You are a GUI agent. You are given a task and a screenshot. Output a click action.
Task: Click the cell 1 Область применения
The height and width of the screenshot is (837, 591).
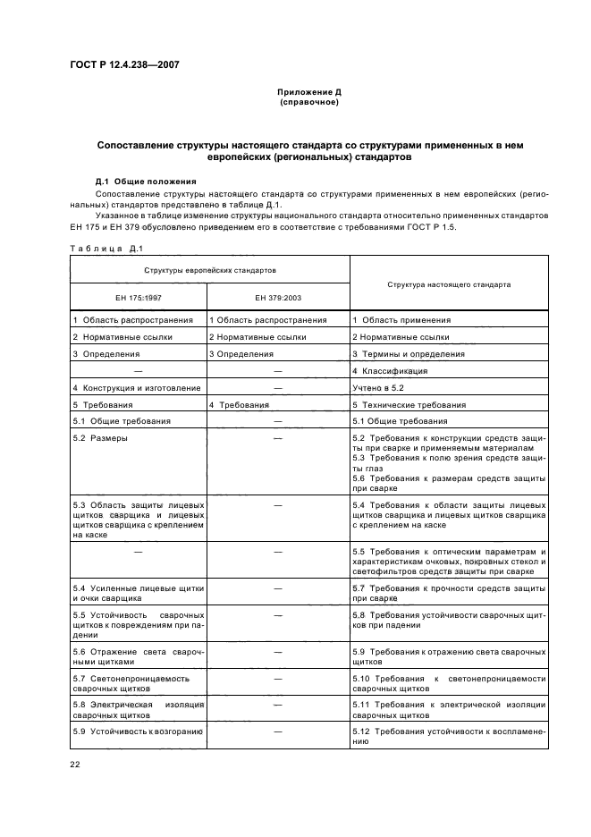[401, 320]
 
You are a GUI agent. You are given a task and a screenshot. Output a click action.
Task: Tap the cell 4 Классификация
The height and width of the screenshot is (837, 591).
[390, 371]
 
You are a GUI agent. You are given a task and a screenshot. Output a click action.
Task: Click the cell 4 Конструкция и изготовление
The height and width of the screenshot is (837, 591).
[137, 388]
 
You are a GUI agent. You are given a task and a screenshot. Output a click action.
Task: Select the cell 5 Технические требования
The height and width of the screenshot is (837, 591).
[409, 405]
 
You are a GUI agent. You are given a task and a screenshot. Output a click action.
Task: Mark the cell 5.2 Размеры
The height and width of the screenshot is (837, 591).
[100, 438]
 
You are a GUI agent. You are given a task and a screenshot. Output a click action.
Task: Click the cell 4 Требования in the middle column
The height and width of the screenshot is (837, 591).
[238, 405]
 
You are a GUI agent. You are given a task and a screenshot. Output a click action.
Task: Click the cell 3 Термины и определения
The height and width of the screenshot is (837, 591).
[409, 354]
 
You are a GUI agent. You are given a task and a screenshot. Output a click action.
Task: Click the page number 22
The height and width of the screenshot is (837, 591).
[76, 764]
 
